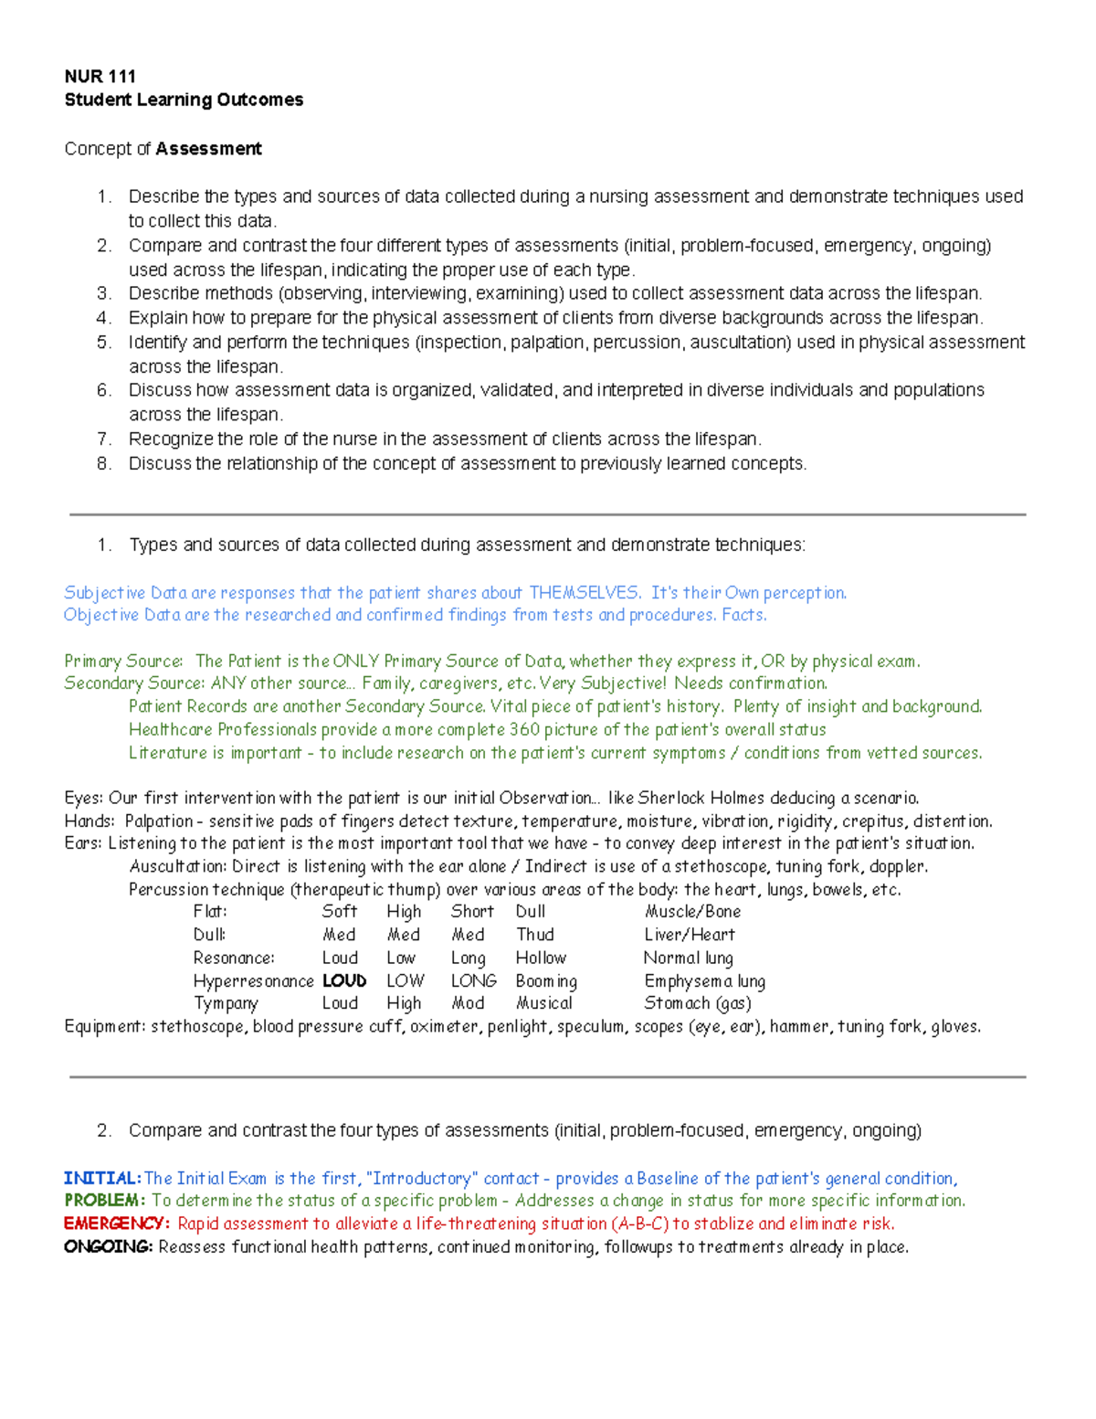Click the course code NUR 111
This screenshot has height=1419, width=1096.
tap(100, 76)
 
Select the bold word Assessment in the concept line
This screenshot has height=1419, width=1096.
tap(208, 149)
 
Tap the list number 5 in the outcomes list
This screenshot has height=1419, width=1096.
tap(104, 342)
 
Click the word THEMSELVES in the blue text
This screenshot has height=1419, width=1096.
tap(585, 593)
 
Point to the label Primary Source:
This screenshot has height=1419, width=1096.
tap(123, 661)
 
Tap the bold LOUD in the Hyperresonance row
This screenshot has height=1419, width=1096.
tap(344, 980)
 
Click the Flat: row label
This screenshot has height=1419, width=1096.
tap(210, 911)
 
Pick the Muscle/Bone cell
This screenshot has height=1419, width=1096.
tap(692, 911)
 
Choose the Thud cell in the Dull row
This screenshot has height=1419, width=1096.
tap(534, 935)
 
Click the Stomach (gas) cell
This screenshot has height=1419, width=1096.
tap(697, 1003)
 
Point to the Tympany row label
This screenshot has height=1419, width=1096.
tap(226, 1003)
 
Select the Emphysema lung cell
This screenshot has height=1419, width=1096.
tap(704, 980)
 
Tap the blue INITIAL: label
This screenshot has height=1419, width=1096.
tap(102, 1179)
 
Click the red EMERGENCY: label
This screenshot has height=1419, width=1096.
tap(116, 1223)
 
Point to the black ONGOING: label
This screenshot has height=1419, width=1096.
tap(108, 1247)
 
